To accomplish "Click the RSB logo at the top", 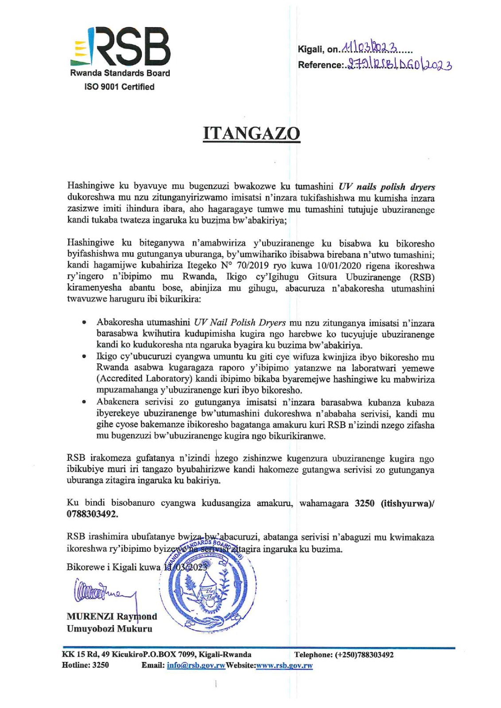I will pyautogui.click(x=120, y=46).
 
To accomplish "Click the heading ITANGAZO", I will pyautogui.click(x=251, y=133).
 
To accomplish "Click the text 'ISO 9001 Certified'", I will pyautogui.click(x=120, y=87).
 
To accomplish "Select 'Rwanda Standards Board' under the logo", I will pyautogui.click(x=120, y=73).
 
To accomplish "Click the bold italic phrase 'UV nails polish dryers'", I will pyautogui.click(x=387, y=187).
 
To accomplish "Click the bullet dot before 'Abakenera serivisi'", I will pyautogui.click(x=84, y=403).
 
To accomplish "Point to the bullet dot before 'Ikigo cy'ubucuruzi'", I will pyautogui.click(x=84, y=357).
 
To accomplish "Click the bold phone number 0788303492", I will pyautogui.click(x=92, y=514).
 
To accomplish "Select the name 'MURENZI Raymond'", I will pyautogui.click(x=112, y=616).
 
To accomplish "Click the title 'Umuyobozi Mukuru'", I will pyautogui.click(x=109, y=628).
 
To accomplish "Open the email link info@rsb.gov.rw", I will pyautogui.click(x=196, y=666).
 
